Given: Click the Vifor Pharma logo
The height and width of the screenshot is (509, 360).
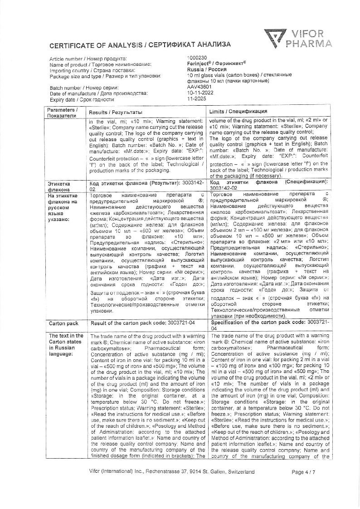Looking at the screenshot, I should tap(298, 38).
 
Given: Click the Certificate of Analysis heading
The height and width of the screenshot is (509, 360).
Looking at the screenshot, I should tap(140, 44).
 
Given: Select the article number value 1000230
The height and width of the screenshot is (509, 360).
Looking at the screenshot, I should tap(197, 58).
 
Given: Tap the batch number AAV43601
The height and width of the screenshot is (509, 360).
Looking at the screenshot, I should tap(199, 87).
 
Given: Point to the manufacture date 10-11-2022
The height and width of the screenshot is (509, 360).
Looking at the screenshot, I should tap(199, 93).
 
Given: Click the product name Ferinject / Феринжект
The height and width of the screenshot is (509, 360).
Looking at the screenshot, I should tap(216, 64).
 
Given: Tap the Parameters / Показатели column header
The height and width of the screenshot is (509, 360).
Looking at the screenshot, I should tap(63, 113).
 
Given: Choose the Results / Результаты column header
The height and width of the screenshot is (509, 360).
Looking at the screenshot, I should tap(115, 112).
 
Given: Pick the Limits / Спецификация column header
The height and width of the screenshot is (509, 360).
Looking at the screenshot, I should tap(238, 112).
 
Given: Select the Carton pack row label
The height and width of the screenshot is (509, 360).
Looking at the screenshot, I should tap(63, 323).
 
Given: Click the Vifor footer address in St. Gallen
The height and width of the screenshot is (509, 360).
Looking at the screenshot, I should tap(172, 472).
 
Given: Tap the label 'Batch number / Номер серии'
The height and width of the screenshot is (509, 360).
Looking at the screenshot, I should tap(84, 88).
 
